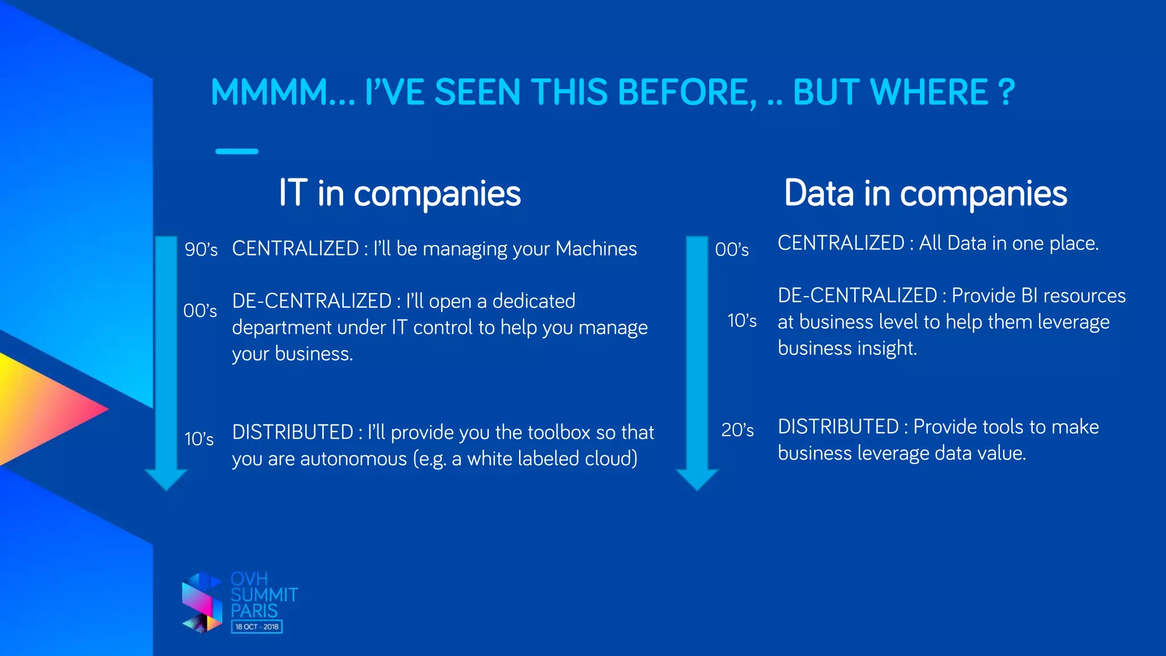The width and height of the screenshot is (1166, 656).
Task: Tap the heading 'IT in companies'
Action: [399, 194]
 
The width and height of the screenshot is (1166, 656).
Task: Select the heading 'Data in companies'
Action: [925, 194]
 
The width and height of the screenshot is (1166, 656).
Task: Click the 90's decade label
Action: [201, 249]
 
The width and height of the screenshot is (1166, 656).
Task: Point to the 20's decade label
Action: [737, 430]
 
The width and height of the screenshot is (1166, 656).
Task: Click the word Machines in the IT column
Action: [596, 249]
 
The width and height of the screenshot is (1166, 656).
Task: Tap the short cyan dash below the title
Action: [237, 151]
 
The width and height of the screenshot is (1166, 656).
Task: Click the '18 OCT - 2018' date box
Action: [257, 627]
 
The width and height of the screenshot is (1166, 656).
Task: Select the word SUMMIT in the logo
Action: [264, 595]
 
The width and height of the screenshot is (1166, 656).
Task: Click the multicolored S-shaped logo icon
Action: [202, 602]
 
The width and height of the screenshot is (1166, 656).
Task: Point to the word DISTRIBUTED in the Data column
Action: [838, 427]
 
